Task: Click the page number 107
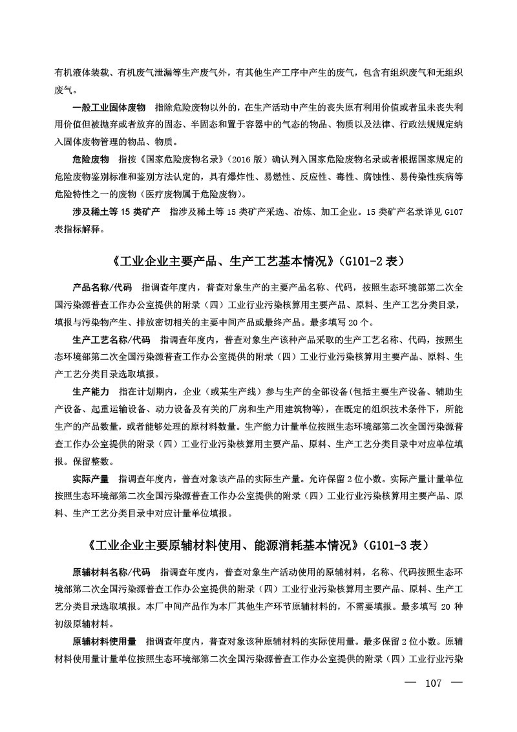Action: point(433,684)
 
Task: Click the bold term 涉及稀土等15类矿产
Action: point(116,212)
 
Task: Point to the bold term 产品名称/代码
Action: point(102,286)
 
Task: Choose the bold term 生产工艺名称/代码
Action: point(111,339)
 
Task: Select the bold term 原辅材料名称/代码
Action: point(111,573)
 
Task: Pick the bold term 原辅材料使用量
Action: point(104,643)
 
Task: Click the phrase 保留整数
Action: point(94,462)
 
